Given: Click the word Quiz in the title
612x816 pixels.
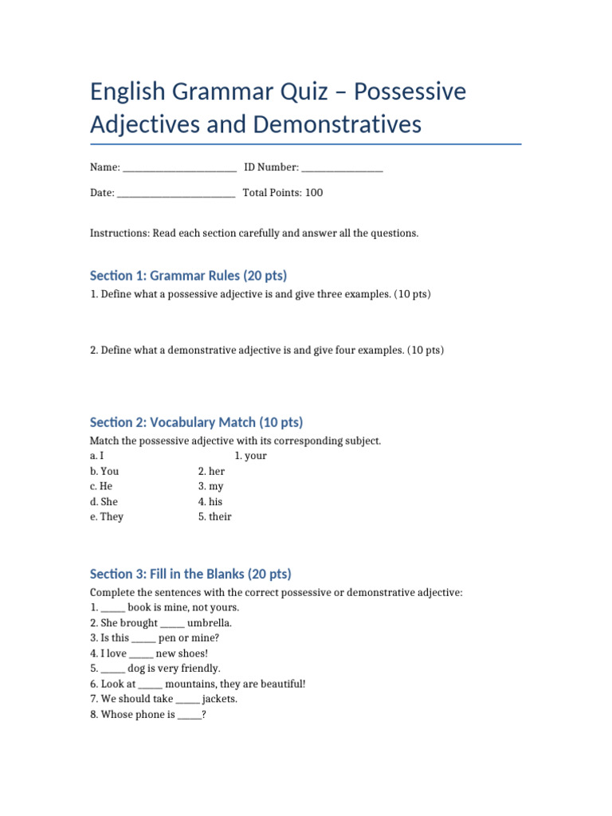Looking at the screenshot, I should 300,92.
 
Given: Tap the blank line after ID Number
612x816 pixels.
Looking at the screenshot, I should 343,169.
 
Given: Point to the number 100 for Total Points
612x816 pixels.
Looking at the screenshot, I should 314,193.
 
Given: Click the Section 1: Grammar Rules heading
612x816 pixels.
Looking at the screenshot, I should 188,275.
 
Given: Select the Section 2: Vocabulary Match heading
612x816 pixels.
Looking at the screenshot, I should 196,422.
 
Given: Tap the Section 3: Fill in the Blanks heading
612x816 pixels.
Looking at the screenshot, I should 190,574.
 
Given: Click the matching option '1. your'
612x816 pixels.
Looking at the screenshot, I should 251,456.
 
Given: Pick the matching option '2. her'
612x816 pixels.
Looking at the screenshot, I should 212,471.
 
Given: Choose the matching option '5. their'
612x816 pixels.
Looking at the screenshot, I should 215,516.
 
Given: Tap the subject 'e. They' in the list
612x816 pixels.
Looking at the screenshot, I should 107,516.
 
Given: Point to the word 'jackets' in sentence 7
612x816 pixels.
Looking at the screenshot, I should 218,699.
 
